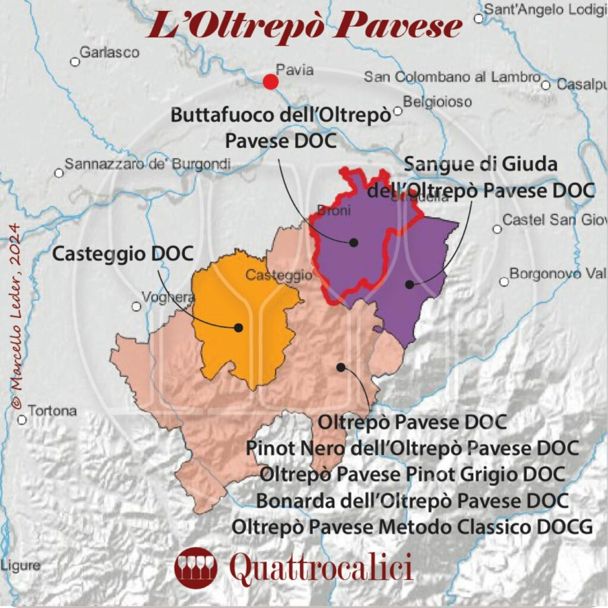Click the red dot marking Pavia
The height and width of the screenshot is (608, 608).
(x=270, y=81)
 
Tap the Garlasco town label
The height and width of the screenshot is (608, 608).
(x=109, y=52)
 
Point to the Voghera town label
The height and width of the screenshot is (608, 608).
(x=160, y=298)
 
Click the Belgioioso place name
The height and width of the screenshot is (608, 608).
(x=438, y=102)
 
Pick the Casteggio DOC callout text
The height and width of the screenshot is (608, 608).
(x=123, y=254)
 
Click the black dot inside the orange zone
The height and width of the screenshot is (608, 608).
(x=239, y=327)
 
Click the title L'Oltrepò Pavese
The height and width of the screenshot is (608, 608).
(x=304, y=26)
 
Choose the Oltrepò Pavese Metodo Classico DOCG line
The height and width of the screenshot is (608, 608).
(x=412, y=526)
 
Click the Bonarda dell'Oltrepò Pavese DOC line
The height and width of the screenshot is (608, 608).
(x=412, y=500)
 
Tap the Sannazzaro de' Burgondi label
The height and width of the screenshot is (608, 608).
(x=147, y=164)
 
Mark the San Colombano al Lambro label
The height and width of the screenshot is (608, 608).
(x=452, y=77)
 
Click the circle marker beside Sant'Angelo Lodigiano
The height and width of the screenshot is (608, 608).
(x=479, y=18)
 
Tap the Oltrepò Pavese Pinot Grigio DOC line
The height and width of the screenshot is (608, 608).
(x=412, y=474)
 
